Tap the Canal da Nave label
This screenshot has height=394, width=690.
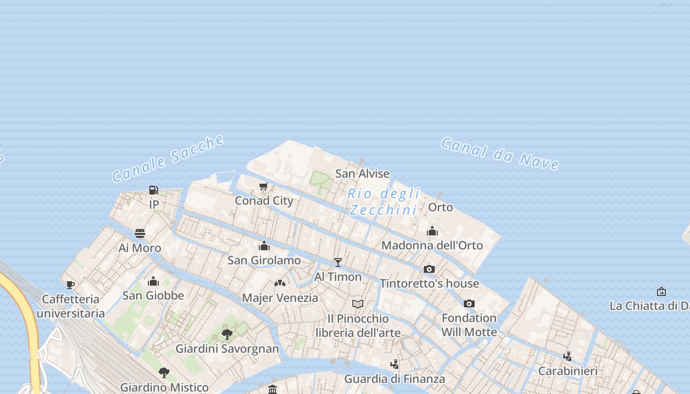[x=500, y=153]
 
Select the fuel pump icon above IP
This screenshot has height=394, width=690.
[x=154, y=190]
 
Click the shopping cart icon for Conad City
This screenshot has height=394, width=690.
[x=264, y=187]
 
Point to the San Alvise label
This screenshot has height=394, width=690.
[x=362, y=173]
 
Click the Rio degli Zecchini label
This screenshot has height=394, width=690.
[x=383, y=201]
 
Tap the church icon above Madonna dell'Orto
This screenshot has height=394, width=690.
[x=432, y=230]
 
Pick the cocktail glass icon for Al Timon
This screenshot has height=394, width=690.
[x=338, y=262]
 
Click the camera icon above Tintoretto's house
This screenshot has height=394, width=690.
[x=429, y=269]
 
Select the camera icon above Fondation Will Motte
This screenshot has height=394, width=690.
[x=469, y=303]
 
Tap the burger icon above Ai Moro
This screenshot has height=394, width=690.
[x=140, y=233]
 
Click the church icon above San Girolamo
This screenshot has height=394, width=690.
[x=264, y=245]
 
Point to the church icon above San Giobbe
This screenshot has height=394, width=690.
[x=153, y=281]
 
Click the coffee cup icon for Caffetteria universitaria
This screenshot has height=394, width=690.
[x=70, y=285]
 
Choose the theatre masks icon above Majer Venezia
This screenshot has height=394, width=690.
[x=280, y=283]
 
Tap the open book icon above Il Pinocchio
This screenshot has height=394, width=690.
[x=358, y=304]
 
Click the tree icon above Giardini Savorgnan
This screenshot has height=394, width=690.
[x=227, y=334]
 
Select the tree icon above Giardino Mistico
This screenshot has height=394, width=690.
[x=164, y=372]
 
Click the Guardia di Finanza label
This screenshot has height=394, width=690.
[x=394, y=379]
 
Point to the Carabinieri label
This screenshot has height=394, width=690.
[x=568, y=371]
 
